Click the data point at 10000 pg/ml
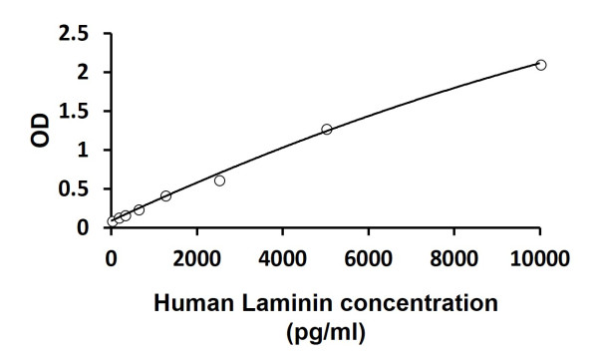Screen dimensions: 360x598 click(x=541, y=65)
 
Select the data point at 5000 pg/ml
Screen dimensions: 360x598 click(x=326, y=129)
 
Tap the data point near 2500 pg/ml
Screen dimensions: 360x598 click(x=219, y=180)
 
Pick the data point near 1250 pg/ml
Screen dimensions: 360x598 click(x=165, y=195)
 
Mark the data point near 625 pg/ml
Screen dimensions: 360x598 click(x=139, y=209)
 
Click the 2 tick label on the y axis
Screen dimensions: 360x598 click(x=85, y=73)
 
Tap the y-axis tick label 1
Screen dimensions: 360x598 click(x=85, y=151)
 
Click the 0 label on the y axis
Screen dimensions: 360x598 click(x=85, y=228)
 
